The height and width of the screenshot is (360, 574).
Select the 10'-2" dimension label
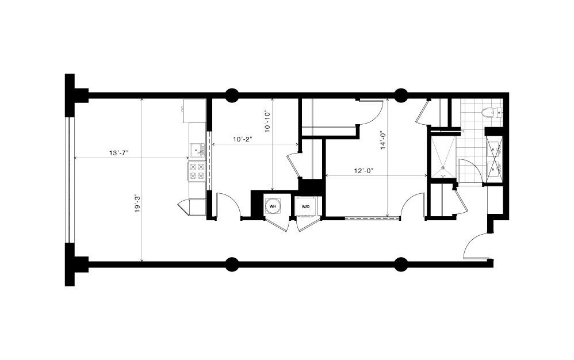tap(243, 139)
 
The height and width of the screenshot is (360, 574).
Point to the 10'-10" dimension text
tap(267, 121)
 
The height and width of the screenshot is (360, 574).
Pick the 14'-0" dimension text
tap(383, 140)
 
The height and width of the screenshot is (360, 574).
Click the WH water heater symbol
tap(273, 206)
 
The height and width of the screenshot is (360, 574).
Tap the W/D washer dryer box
tap(305, 206)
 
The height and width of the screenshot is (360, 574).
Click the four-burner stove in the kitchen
tap(197, 171)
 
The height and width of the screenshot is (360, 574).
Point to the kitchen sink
tap(197, 150)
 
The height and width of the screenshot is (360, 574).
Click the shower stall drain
tap(443, 168)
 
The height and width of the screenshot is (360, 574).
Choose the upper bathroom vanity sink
tap(495, 148)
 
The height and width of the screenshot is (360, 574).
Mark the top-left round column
tap(232, 95)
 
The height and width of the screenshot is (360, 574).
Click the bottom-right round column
tap(401, 265)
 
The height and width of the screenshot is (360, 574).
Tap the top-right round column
tap(401, 95)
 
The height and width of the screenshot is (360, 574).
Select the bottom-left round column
tap(232, 265)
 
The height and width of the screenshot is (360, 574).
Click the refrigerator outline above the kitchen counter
tap(193, 111)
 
